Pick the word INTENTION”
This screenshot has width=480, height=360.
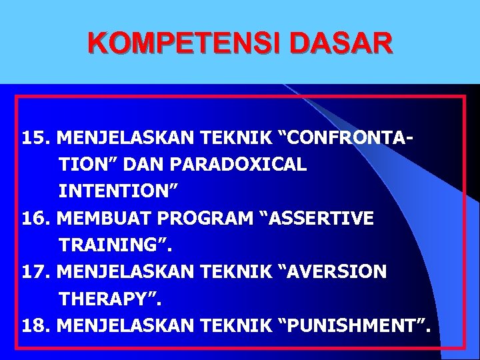point(118,191)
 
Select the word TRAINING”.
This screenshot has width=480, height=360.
point(115,245)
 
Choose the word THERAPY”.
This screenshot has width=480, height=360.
point(111,298)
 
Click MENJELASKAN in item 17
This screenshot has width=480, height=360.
point(125,271)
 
